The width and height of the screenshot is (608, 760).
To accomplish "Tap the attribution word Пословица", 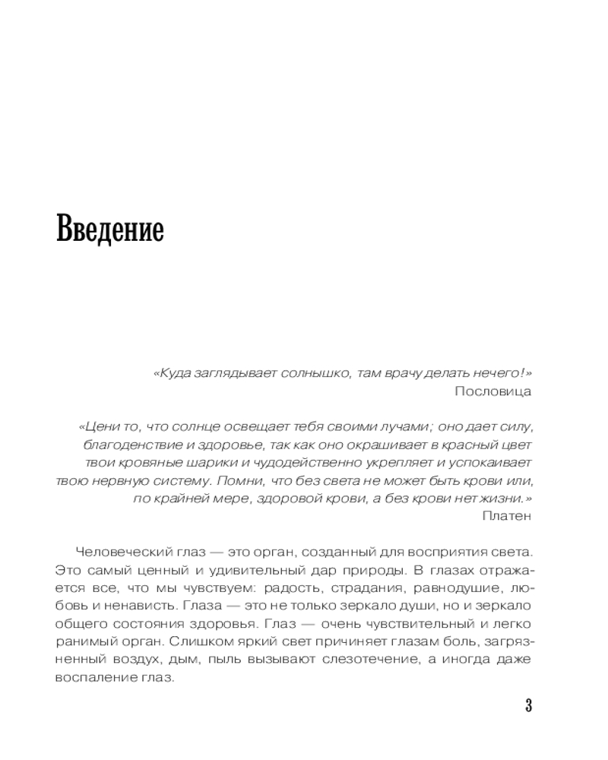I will coord(493,391).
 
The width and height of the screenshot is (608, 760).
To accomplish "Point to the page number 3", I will coord(528,705).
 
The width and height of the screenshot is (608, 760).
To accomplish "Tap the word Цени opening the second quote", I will coord(98,426).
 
